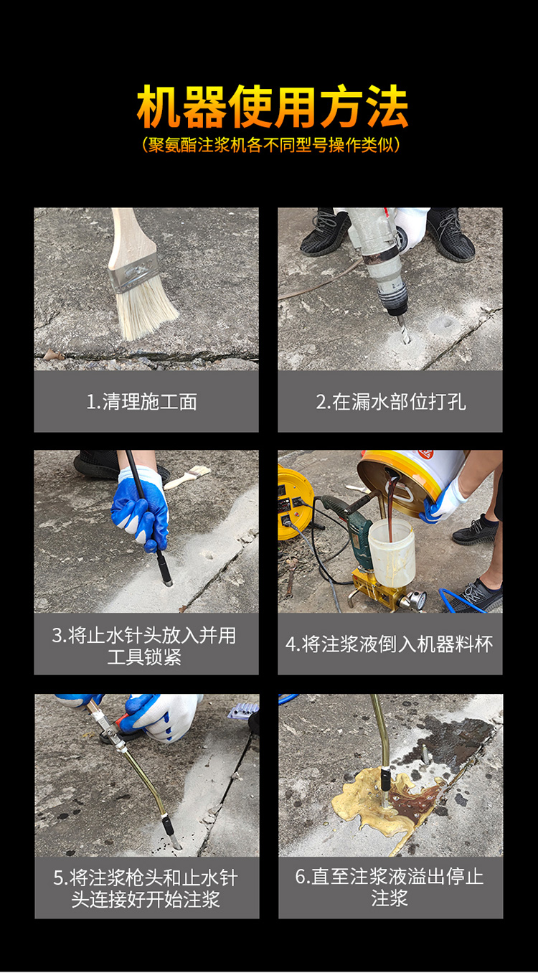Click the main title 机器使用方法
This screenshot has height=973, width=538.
point(273,106)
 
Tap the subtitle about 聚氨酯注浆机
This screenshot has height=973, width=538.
point(271,145)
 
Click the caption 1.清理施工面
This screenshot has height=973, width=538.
point(141,402)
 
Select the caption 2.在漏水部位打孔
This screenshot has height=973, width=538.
point(391,402)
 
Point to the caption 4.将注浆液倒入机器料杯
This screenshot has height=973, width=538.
point(389,644)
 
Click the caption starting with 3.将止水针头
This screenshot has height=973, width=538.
point(145,646)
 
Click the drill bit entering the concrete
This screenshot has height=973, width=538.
point(403,329)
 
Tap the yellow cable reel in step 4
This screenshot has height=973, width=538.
point(294,503)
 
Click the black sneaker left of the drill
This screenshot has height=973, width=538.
point(325,232)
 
